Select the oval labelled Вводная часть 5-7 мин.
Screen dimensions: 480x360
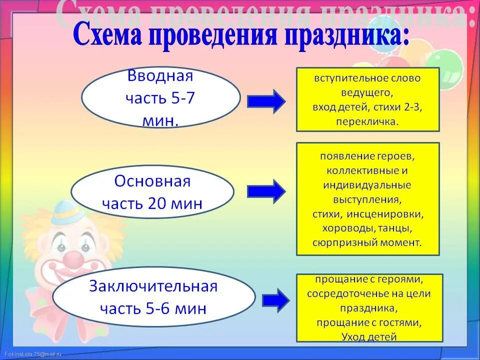pos(160,98)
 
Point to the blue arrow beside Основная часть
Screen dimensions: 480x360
pos(266,191)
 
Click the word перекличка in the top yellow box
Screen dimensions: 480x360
pos(367,121)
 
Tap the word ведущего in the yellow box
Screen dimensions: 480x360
pos(367,92)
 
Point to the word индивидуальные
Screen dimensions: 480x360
pos(367,185)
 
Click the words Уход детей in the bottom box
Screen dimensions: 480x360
pos(369,337)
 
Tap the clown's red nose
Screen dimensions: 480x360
pos(74,259)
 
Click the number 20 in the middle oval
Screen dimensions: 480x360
pos(158,203)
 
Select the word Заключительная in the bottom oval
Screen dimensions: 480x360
pos(153,286)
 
